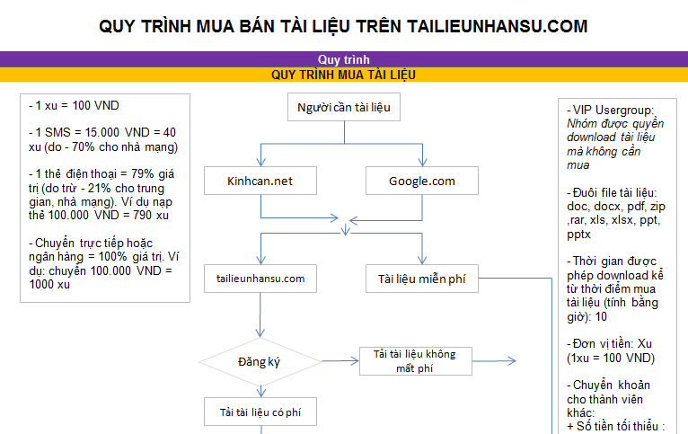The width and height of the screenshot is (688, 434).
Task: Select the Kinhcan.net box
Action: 260,181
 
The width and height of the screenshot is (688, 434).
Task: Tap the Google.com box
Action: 421,181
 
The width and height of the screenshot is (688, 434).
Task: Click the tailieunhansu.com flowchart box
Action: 260,279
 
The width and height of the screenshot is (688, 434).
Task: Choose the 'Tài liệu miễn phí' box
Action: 421,279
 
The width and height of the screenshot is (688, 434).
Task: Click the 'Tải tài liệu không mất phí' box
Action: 414,361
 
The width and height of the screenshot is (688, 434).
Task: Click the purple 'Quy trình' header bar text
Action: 343,59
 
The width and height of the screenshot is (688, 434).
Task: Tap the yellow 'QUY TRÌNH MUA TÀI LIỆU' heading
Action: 343,75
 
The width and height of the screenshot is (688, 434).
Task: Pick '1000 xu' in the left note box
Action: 50,284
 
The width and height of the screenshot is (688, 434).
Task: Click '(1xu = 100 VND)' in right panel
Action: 610,359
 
